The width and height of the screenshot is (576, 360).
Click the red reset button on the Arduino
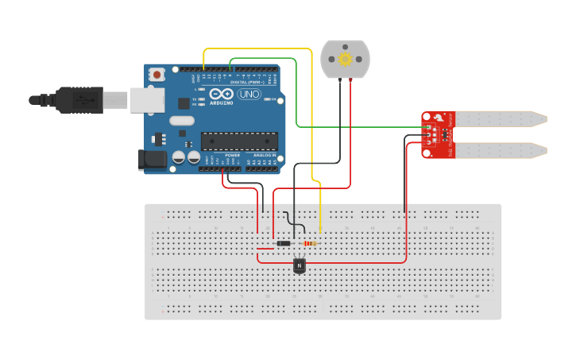coord(157,75)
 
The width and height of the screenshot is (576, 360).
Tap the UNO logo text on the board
coord(248,95)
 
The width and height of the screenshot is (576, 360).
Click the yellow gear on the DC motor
coord(345,60)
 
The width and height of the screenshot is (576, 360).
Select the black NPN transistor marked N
coord(300,265)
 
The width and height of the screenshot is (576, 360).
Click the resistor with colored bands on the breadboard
coord(310,243)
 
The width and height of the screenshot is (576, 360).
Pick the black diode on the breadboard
coord(283,243)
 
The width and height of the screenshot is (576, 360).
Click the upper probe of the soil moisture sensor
coord(501,119)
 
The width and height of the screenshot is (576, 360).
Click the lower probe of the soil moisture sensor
coord(501,149)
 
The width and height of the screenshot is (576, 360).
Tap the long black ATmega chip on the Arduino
coord(238,141)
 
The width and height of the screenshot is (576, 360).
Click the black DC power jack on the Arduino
coord(152,160)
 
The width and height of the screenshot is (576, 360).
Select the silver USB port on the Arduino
coord(147,99)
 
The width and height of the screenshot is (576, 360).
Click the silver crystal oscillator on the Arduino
coord(181,121)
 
